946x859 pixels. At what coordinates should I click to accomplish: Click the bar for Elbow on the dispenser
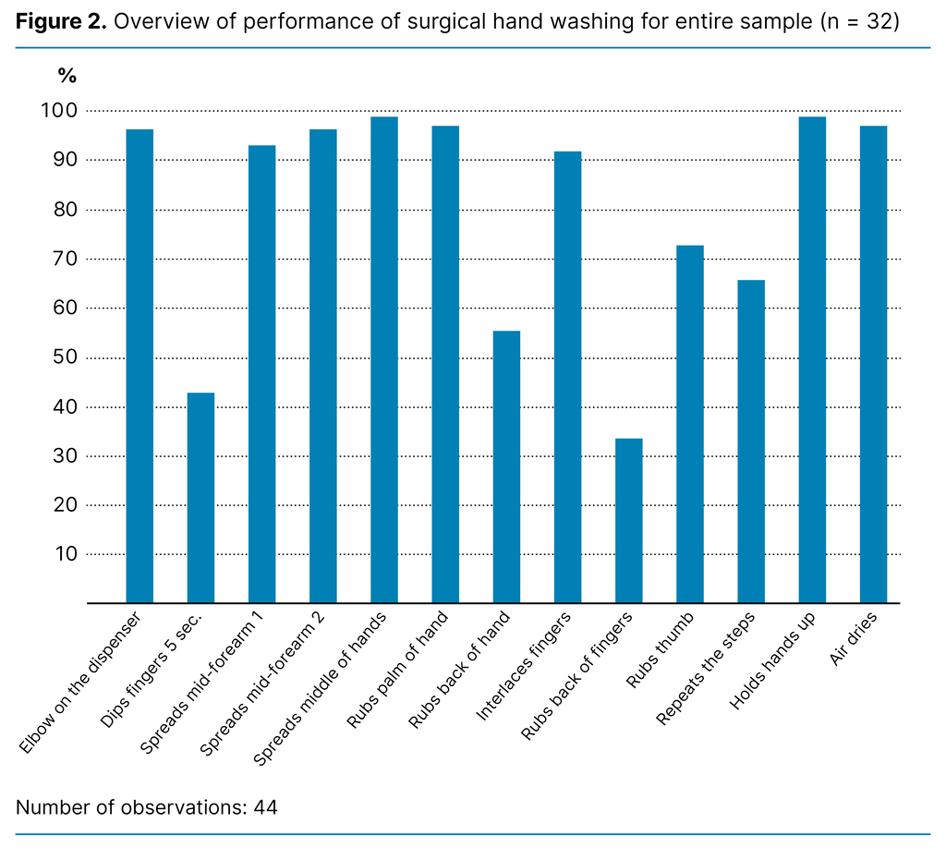pos(139,366)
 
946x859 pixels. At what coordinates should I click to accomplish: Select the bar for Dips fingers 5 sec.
pos(200,498)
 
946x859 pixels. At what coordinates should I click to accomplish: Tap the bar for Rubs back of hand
pos(506,466)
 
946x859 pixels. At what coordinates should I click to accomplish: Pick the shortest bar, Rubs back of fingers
pos(629,521)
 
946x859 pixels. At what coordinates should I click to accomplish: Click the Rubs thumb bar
pos(690,424)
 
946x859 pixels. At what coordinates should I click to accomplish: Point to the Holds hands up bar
pos(812,360)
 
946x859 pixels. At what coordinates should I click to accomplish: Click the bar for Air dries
pos(873,365)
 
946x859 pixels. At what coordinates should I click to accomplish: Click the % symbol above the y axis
pos(67,77)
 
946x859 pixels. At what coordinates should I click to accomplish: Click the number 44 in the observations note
pos(265,807)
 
